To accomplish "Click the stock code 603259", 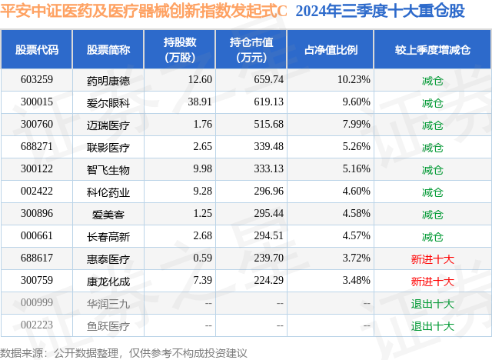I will click(38, 80).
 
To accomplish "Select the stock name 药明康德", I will click(108, 80).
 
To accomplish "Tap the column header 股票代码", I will click(38, 50).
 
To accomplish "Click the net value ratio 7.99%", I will click(354, 125).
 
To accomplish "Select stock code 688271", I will click(38, 147).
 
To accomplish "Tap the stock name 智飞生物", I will click(108, 169).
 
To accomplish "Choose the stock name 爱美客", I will click(108, 214).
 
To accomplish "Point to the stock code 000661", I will click(38, 236).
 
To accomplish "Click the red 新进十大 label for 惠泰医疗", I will click(433, 258).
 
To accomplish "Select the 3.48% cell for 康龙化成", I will click(354, 281).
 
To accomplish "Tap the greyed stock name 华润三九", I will click(108, 303).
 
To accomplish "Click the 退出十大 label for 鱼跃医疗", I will click(433, 325).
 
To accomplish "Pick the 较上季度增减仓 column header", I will click(433, 50).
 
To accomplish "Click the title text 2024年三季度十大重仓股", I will click(380, 12).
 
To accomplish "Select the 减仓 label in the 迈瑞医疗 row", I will click(433, 125).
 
